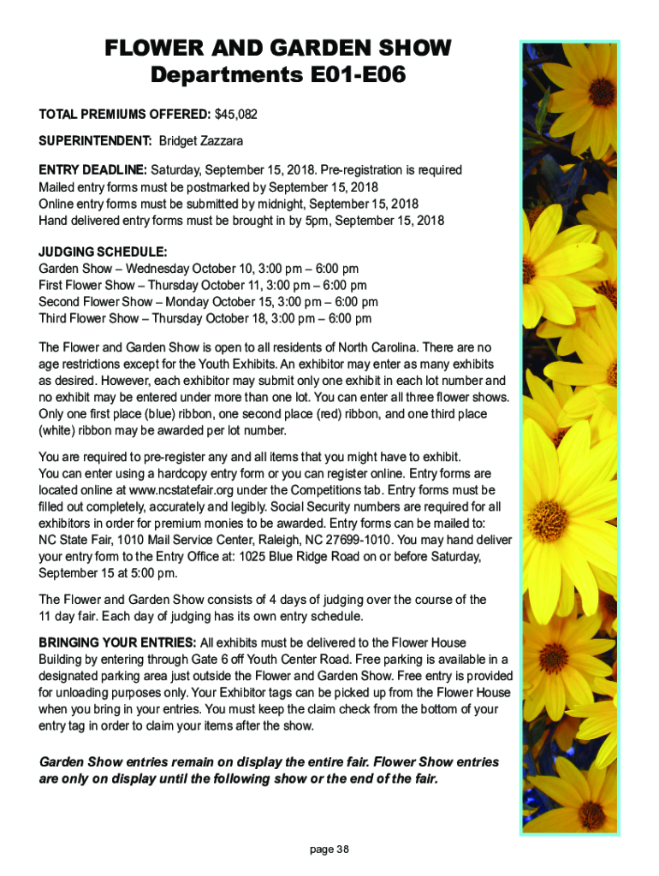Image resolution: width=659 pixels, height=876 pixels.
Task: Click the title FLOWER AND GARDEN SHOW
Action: click(277, 48)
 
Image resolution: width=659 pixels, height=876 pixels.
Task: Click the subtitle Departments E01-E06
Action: click(277, 76)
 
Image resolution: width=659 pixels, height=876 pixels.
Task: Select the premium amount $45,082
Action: click(236, 114)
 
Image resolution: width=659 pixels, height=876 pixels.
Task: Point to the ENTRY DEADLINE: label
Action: click(93, 170)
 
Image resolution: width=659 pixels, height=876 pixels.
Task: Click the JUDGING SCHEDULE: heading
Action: click(103, 252)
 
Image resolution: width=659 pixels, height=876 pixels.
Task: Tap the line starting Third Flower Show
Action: click(205, 319)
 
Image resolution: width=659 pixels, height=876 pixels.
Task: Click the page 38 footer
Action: click(329, 849)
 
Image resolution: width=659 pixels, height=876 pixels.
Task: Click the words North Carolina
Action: click(424, 347)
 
